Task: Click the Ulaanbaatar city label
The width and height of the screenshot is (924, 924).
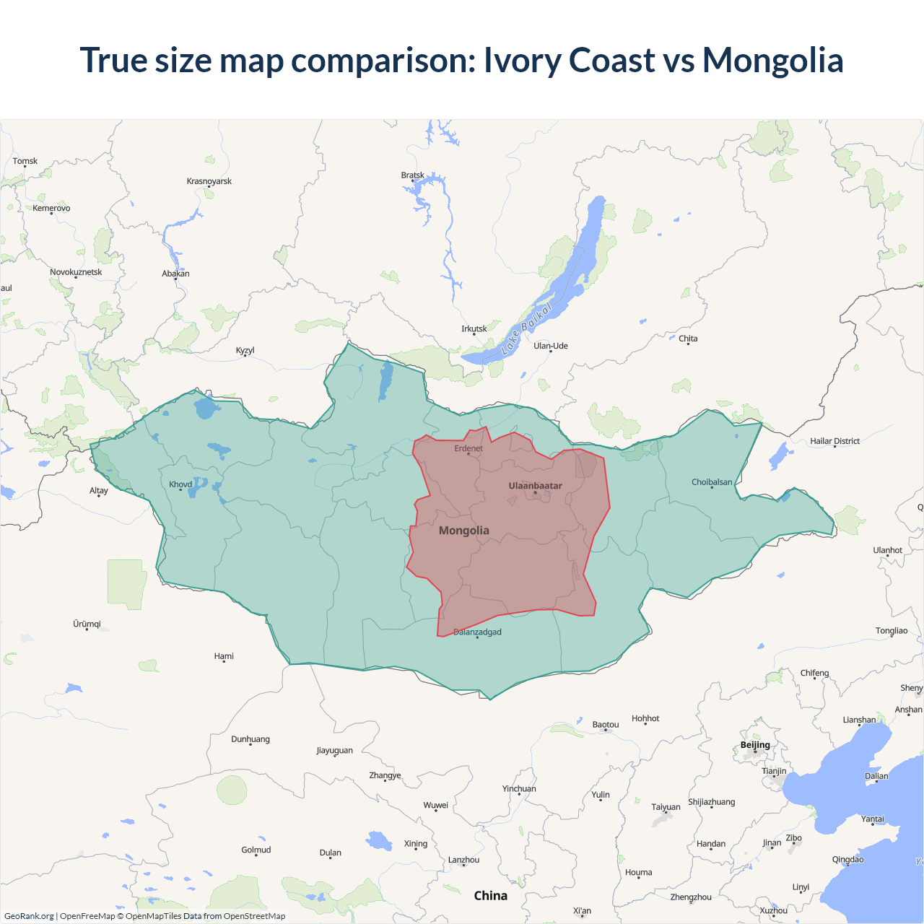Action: coord(535,486)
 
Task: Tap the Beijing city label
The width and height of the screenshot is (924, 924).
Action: coord(755,745)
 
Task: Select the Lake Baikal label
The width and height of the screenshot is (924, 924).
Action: coord(527,329)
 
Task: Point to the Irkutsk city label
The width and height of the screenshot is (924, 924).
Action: coord(474,329)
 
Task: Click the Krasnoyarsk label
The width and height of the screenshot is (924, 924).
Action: coord(209,181)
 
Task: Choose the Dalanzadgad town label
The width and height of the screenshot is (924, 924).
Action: coord(477,632)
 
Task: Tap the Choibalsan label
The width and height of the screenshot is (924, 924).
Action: coord(712,482)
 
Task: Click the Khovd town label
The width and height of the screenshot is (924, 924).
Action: coord(180,484)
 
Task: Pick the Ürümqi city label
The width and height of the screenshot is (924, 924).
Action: coord(87,624)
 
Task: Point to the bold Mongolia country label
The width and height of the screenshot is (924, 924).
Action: coord(464,531)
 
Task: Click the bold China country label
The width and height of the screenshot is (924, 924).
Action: coord(491,896)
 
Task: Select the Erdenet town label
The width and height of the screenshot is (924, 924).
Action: coord(468,448)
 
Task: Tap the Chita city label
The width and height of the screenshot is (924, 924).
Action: coord(688,339)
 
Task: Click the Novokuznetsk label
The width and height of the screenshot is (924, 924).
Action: coord(76,272)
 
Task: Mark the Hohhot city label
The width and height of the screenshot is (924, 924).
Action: coord(645,718)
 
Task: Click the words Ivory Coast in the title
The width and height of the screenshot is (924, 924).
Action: coord(570,60)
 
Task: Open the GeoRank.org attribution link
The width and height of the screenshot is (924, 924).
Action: coord(29,916)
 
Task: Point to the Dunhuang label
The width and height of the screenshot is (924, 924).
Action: coord(250,739)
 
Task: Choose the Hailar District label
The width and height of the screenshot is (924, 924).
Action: coord(834,441)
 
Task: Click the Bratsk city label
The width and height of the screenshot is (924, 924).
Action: coord(413,175)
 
